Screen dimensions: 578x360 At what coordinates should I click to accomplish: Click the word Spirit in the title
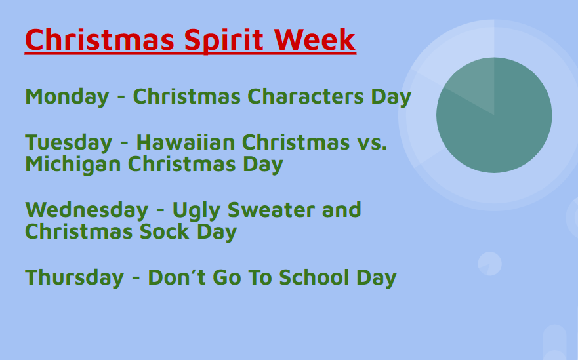(224, 41)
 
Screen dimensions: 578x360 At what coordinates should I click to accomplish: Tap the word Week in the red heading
(315, 39)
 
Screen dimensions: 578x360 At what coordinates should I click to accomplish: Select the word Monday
(67, 97)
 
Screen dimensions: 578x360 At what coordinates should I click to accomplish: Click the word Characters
(306, 96)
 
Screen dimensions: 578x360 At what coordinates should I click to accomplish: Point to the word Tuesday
(69, 143)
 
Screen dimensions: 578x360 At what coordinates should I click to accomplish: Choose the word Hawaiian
(186, 142)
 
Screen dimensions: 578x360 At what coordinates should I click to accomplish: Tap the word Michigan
(73, 165)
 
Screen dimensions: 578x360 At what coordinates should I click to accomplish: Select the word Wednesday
(87, 210)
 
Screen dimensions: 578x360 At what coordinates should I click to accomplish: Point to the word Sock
(165, 231)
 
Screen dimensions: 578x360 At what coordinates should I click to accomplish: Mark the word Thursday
(74, 278)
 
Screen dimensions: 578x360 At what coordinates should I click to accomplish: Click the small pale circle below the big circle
(490, 264)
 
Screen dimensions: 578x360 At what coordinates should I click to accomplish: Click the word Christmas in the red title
(100, 39)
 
